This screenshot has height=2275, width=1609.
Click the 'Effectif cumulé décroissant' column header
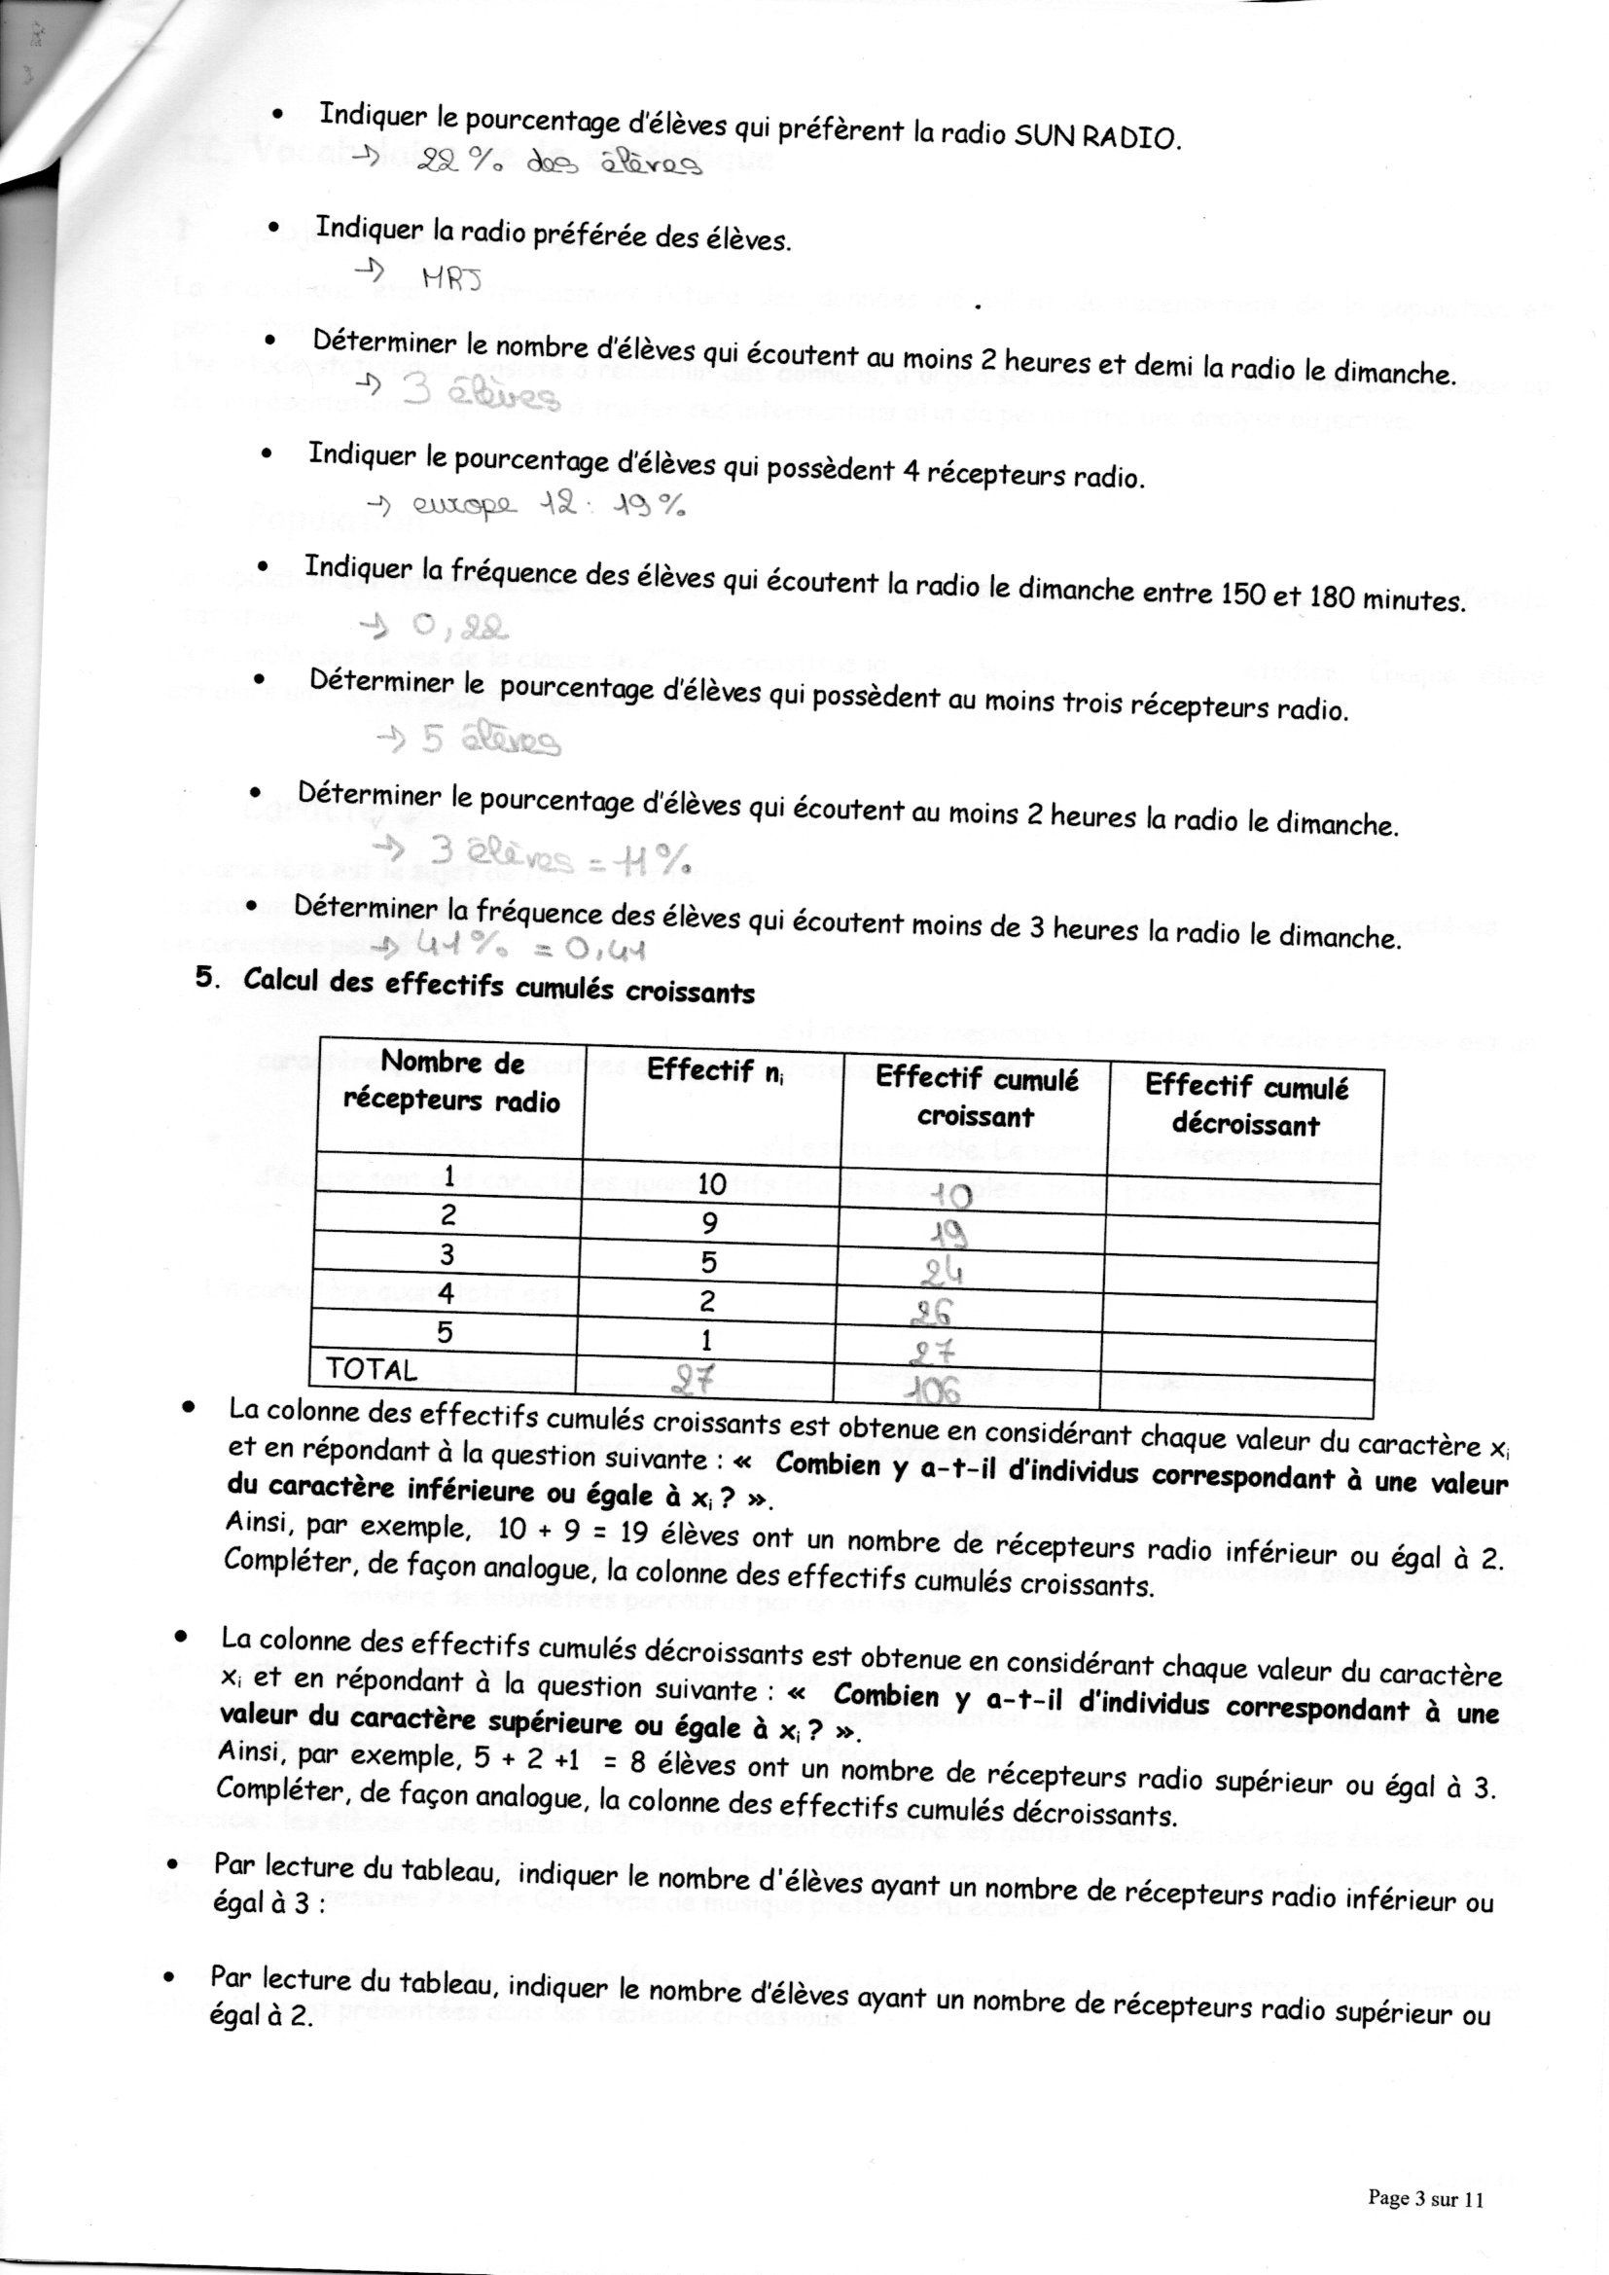(1245, 1104)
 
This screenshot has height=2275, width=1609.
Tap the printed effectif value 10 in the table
(711, 1184)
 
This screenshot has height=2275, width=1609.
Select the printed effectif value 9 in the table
(709, 1224)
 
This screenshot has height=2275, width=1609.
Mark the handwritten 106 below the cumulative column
(935, 1392)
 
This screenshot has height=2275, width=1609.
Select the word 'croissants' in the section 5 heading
(690, 992)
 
